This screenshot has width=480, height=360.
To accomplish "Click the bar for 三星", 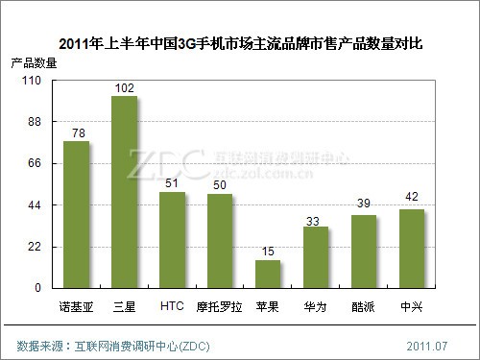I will (125, 192).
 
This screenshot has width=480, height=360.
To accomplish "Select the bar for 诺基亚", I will (77, 214).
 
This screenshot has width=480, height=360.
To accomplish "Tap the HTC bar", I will (172, 240).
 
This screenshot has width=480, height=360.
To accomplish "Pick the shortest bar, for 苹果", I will (268, 274).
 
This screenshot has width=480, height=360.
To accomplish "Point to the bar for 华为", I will (316, 257).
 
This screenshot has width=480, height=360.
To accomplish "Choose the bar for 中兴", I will (412, 249).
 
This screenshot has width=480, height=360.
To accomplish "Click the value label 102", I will (124, 88).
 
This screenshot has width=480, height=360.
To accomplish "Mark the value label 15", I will (268, 252).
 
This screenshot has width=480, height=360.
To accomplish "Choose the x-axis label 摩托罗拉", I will (220, 306).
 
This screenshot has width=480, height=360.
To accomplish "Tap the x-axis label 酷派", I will (364, 306).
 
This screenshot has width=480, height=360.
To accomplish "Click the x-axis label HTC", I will (172, 306).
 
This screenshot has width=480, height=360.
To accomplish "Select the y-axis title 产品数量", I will (34, 63).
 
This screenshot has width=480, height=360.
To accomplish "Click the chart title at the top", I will (241, 43).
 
